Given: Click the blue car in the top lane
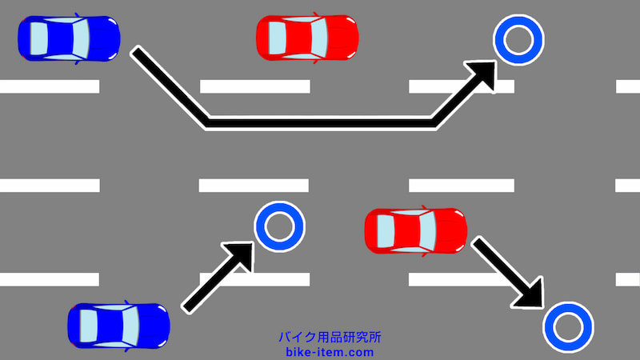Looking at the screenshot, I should pos(68,38).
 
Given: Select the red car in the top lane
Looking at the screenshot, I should pos(307,37).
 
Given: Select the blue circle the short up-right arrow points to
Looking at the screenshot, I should pos(279,225).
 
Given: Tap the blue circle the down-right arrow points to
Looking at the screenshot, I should pos(568,326).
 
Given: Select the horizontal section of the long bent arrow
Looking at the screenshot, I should pos(320,122).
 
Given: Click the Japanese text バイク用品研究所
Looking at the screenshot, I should pos(328,338).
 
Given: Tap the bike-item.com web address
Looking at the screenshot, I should pos(328,351).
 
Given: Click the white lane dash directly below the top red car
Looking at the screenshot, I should pos(254,86).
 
